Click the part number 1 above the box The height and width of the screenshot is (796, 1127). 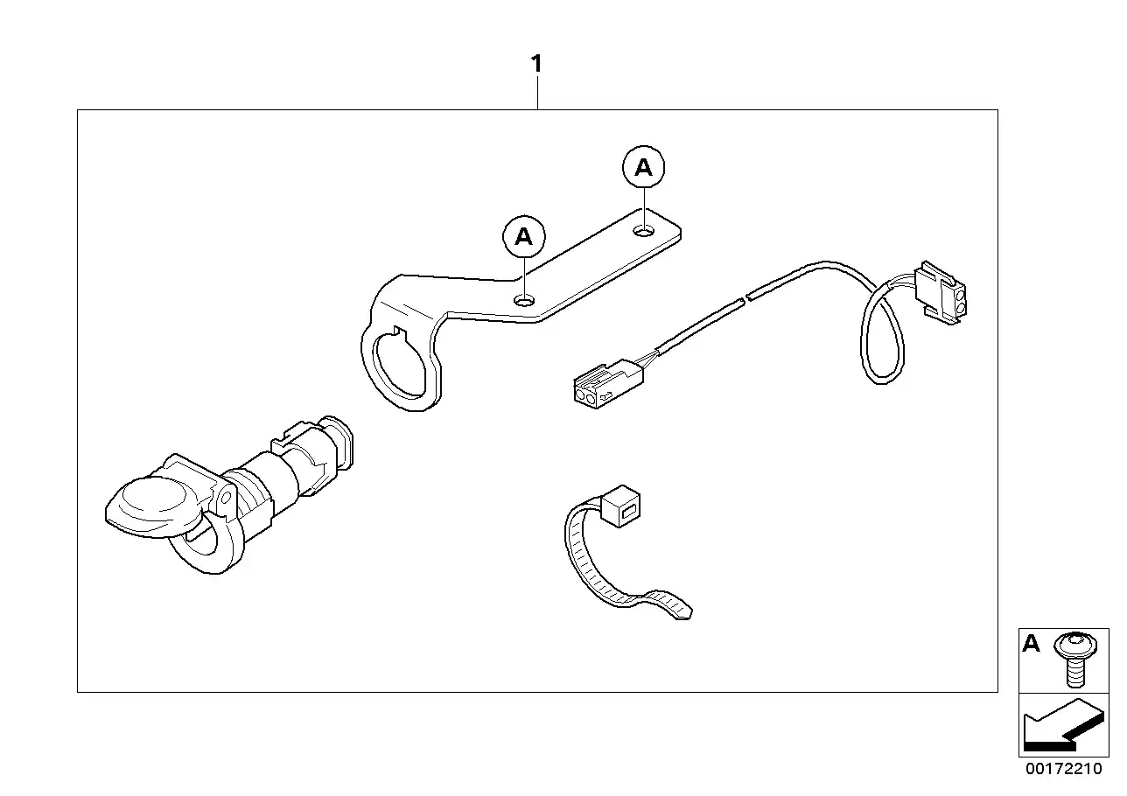(x=536, y=64)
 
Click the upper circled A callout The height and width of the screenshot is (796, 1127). (x=643, y=167)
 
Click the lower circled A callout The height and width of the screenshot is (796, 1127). (x=523, y=236)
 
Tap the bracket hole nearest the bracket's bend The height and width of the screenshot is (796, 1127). (x=524, y=300)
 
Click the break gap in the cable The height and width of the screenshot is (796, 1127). (x=745, y=299)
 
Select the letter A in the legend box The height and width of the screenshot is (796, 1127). (x=1032, y=645)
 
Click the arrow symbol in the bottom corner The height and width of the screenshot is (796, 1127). (x=1060, y=725)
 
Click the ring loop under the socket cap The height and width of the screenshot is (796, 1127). (x=206, y=546)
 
